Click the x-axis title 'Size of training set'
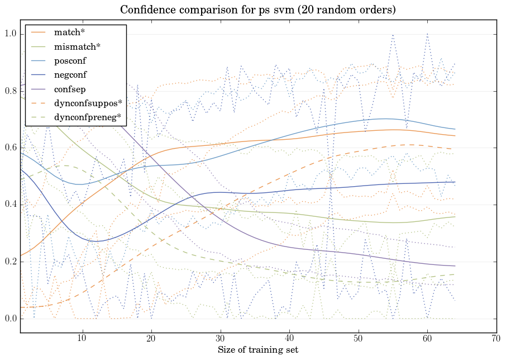[x=257, y=350]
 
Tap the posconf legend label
[x=70, y=60]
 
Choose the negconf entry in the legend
[x=70, y=74]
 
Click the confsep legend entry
[x=69, y=88]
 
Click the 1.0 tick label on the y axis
[x=9, y=34]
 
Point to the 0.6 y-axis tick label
[x=9, y=148]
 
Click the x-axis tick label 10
[x=82, y=339]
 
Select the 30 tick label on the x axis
[x=220, y=339]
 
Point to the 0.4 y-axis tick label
[x=9, y=205]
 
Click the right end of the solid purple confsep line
[x=455, y=266]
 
